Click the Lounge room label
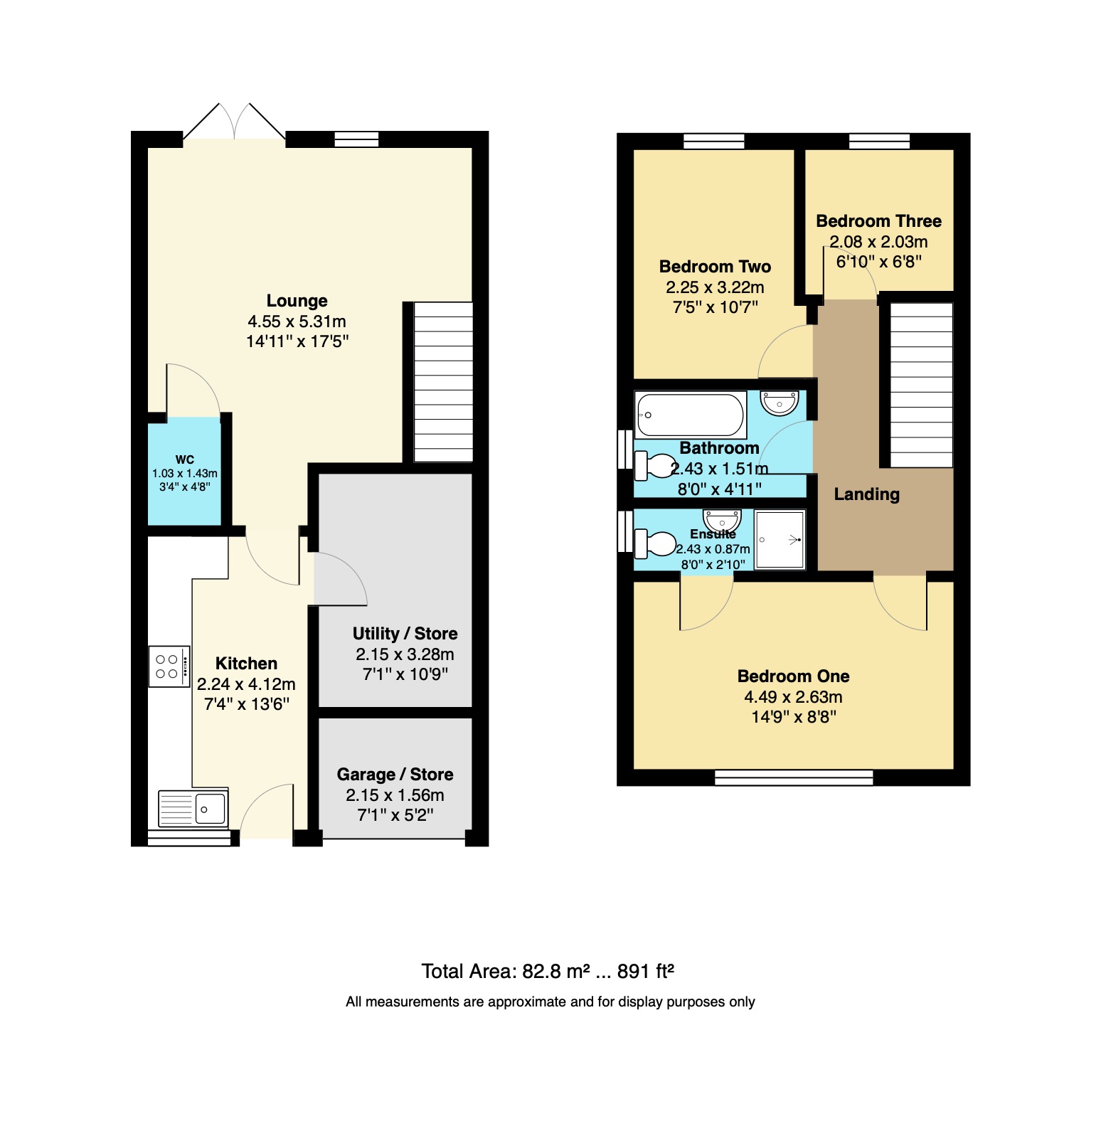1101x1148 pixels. [297, 301]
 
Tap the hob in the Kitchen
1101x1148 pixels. [169, 666]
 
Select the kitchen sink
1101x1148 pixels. [193, 809]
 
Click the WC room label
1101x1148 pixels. [184, 459]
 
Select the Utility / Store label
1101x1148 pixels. [405, 634]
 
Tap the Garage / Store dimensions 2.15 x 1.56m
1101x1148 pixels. [395, 795]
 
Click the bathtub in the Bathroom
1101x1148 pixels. [690, 415]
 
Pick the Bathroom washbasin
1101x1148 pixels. [780, 403]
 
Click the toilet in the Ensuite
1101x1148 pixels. [654, 544]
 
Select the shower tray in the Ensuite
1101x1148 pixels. [780, 540]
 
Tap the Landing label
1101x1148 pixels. [866, 494]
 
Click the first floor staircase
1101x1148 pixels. [921, 385]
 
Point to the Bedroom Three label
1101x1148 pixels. [878, 221]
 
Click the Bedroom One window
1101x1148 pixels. [793, 777]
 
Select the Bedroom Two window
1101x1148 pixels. [713, 141]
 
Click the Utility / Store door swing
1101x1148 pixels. [340, 579]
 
